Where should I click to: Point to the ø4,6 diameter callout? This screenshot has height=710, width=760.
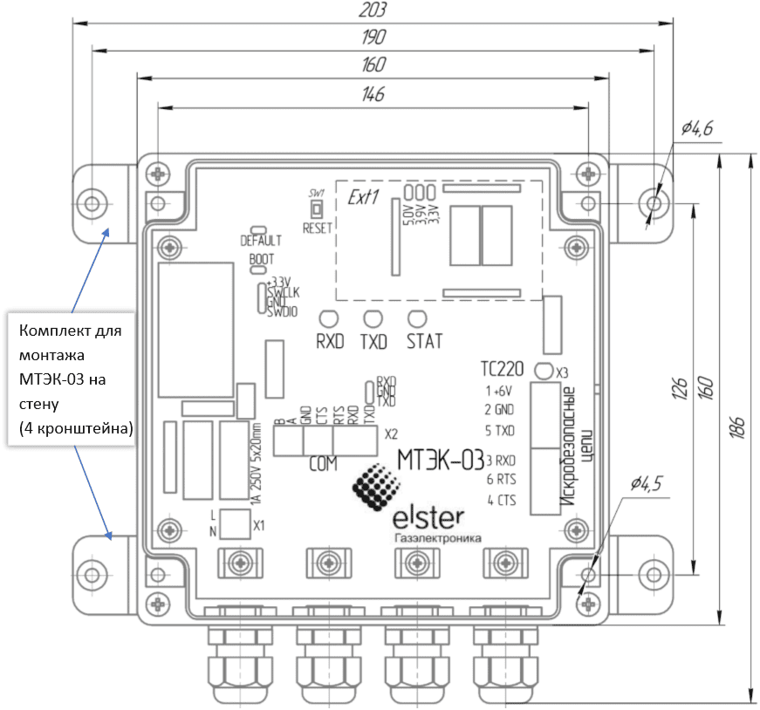(697, 129)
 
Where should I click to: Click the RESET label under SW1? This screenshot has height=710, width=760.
(318, 229)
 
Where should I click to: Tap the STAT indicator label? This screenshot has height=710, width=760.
(425, 341)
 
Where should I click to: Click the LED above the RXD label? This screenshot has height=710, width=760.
(329, 318)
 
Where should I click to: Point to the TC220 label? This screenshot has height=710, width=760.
(502, 367)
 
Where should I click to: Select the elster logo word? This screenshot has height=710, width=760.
(429, 516)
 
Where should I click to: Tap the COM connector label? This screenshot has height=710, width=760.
(323, 465)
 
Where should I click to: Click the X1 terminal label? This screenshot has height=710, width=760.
(259, 526)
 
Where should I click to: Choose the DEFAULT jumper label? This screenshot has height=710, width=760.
(261, 241)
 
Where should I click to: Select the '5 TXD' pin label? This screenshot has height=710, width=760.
(501, 430)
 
